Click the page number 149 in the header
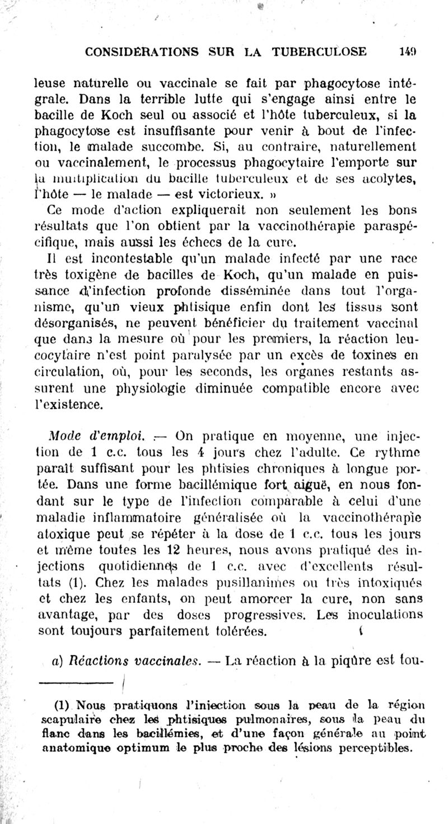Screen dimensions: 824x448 click(407, 52)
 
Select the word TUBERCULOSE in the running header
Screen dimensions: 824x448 click(319, 52)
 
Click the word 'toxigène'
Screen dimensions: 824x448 click(90, 274)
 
